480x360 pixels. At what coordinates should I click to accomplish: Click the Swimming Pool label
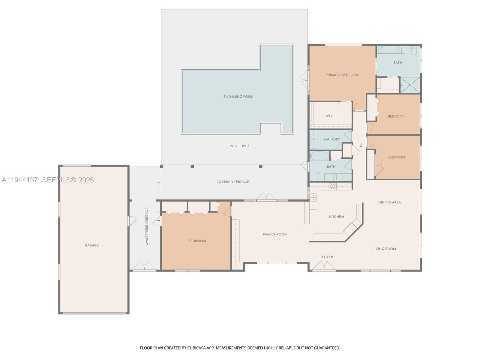[238, 97]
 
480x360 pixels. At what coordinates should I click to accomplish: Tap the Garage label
[91, 245]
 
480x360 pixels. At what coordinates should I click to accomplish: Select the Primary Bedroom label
[342, 75]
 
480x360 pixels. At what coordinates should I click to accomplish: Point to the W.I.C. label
[329, 116]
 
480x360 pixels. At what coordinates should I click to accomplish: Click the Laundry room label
[332, 139]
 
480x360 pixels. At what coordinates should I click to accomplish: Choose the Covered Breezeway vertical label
[146, 226]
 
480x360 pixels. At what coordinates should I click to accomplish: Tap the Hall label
[361, 147]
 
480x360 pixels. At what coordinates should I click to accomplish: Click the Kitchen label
[336, 217]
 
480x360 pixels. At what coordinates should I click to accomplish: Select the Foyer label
[327, 257]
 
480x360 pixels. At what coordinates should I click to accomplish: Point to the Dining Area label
[389, 202]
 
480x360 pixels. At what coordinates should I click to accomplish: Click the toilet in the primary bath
[414, 50]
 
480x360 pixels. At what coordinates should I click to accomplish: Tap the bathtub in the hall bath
[319, 156]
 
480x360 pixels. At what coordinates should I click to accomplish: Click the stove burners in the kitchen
[332, 186]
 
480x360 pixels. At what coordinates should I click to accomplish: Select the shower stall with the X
[410, 85]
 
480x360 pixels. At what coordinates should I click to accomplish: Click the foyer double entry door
[324, 266]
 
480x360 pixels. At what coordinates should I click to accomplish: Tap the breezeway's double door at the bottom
[144, 266]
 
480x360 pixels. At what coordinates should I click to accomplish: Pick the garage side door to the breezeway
[132, 221]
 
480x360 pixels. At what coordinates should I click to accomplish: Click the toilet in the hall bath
[317, 176]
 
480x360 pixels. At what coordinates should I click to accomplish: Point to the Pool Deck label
[239, 146]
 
